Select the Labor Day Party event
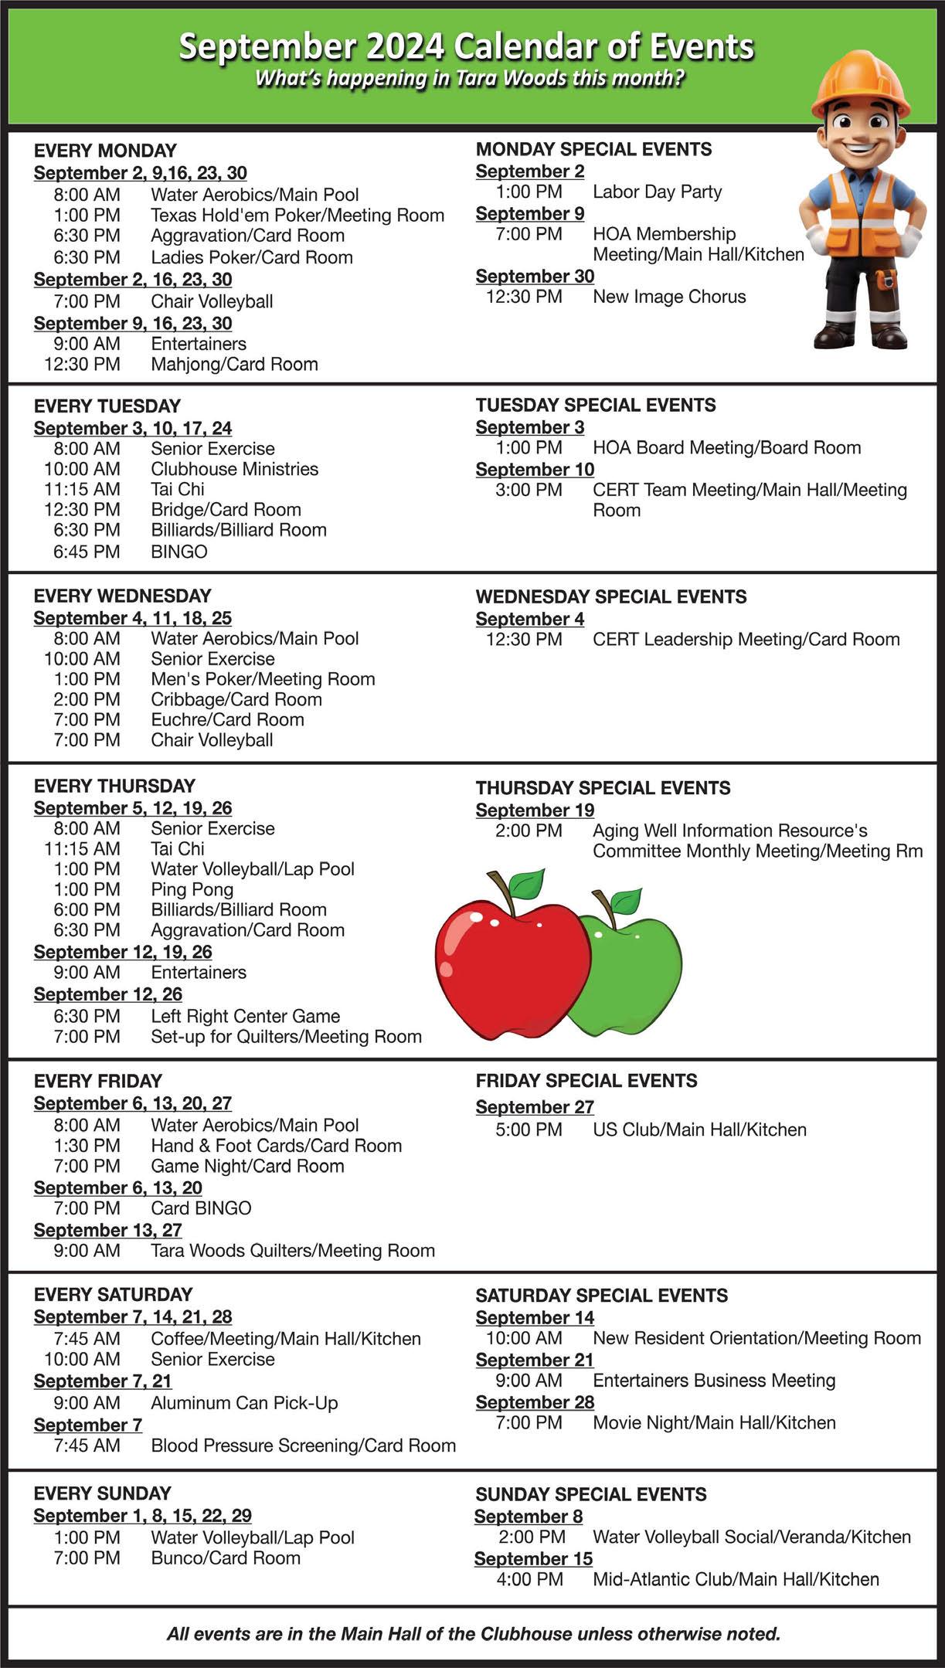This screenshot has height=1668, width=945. (657, 192)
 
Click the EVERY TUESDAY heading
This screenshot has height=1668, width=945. (107, 406)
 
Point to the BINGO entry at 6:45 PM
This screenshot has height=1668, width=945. (179, 552)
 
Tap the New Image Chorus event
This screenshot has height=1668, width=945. (669, 297)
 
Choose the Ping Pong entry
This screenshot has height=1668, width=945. (192, 890)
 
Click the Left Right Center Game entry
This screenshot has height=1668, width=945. (245, 1017)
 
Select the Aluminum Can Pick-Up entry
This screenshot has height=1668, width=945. (244, 1403)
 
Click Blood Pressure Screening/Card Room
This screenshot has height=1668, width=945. (303, 1445)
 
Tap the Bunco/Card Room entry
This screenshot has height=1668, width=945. (226, 1558)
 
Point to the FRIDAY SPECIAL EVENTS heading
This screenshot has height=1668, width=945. (586, 1081)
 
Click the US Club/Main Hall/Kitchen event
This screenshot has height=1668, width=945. (699, 1130)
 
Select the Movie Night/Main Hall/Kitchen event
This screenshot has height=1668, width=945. (714, 1423)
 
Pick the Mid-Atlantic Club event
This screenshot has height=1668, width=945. (736, 1580)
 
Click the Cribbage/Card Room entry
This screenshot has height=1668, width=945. (236, 700)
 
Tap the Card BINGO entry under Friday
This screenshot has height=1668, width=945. (201, 1208)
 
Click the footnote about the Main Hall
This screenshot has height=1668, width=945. (473, 1634)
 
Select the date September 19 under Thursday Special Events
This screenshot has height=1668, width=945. (535, 810)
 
